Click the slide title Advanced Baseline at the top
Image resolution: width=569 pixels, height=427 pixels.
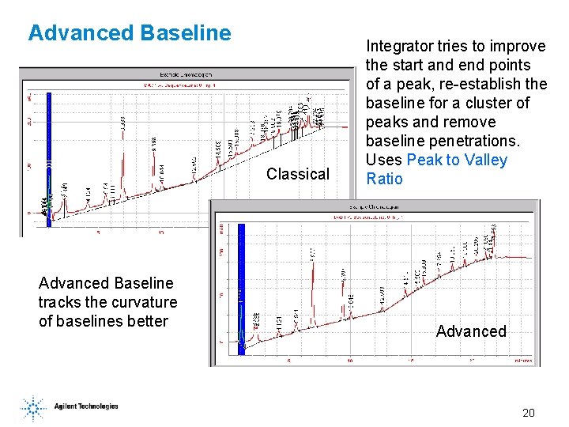pos(130,33)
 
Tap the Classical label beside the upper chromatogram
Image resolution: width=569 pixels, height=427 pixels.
pos(298,174)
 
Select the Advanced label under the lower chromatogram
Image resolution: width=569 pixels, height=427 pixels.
pos(471,331)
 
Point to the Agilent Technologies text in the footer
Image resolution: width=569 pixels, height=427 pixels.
pos(86,406)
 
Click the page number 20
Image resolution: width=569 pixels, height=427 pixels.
pos(529,413)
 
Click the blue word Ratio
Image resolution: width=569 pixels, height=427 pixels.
pos(385,179)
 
